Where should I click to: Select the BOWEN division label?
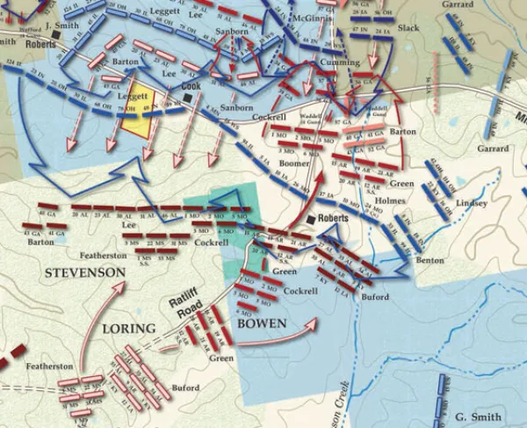point(261,323)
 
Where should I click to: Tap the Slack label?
point(408,29)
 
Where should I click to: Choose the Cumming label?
point(341,62)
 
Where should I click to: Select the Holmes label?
point(390,199)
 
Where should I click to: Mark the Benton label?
point(431,261)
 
